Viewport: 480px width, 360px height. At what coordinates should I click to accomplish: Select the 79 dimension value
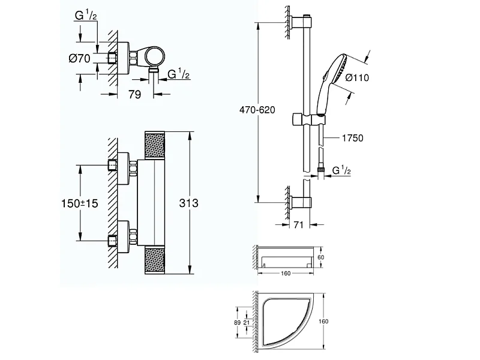tap(135, 94)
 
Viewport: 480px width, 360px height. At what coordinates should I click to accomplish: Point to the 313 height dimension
tap(188, 203)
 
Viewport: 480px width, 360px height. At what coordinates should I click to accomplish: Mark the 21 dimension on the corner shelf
tap(247, 323)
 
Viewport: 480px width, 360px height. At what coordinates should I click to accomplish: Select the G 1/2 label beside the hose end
tap(341, 172)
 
